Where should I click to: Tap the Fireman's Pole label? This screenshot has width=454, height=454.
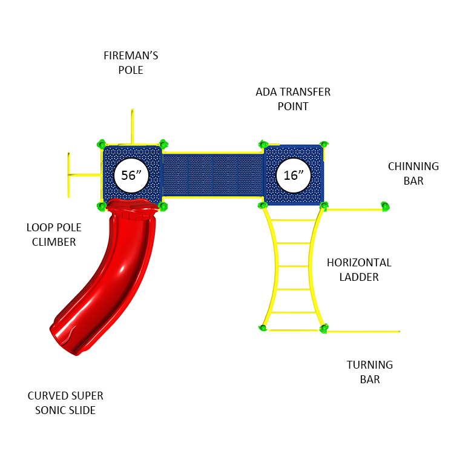[131, 63]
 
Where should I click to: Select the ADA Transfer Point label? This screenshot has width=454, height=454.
[293, 99]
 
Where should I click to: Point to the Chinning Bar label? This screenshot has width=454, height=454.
[413, 173]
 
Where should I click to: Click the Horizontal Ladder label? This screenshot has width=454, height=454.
[359, 270]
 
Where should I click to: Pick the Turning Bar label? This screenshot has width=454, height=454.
[369, 372]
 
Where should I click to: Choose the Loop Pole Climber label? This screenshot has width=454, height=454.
[54, 235]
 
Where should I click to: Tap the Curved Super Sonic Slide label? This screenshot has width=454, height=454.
[65, 403]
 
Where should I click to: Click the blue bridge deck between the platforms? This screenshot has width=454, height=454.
[212, 175]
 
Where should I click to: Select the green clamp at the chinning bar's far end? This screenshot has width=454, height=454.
[384, 207]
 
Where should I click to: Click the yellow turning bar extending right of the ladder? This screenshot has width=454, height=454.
[363, 332]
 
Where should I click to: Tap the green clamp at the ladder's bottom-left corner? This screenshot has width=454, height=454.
[263, 328]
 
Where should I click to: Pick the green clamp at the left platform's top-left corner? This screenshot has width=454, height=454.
[101, 144]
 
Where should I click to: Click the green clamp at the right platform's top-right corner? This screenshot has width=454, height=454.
[324, 145]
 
